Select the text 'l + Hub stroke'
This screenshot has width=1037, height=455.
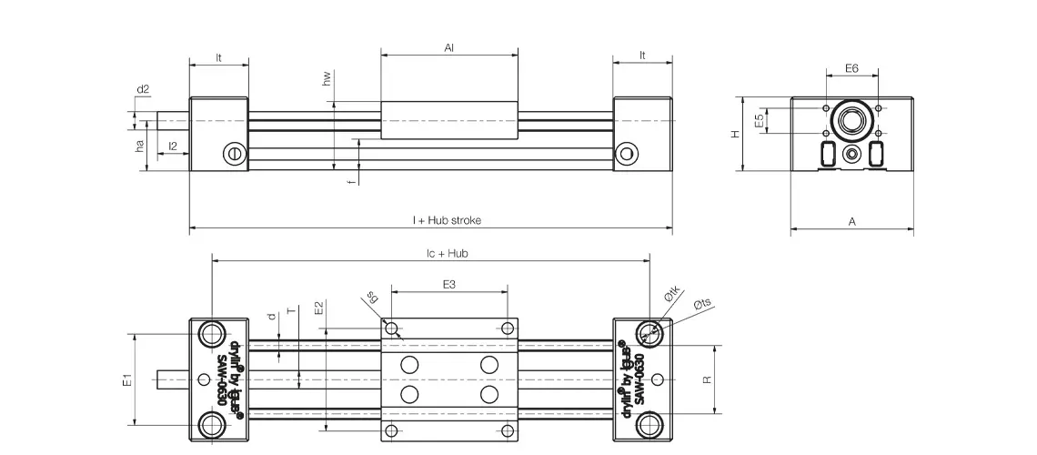[x=447, y=220]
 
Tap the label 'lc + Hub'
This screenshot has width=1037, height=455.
[x=448, y=253]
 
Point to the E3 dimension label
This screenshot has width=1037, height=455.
[x=449, y=285]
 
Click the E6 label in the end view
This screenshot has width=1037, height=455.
[x=851, y=68]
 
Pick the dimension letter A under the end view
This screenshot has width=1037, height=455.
[x=851, y=221]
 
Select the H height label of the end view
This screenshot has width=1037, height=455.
[x=736, y=133]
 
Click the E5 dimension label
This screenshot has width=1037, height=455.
[x=759, y=120]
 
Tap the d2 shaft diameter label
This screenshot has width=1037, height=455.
[x=143, y=89]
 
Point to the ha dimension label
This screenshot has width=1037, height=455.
[x=140, y=146]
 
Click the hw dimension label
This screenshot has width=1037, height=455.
[x=326, y=80]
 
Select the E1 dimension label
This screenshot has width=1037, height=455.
[x=127, y=379]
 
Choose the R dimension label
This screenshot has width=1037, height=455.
[x=707, y=379]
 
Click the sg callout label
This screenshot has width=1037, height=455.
[x=372, y=297]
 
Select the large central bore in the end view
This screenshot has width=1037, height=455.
[x=852, y=120]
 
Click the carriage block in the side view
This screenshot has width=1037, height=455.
[x=449, y=121]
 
